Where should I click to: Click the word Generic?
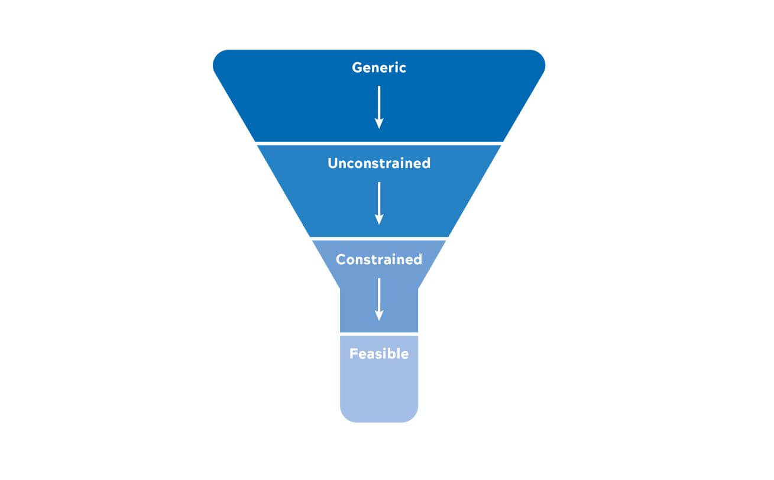click(x=379, y=67)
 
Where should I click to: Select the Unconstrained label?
click(x=379, y=163)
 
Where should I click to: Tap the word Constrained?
click(x=379, y=260)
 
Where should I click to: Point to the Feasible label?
click(x=379, y=354)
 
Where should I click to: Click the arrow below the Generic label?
click(x=379, y=107)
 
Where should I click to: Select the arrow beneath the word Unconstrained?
click(x=379, y=203)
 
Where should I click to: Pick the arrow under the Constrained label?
click(x=379, y=299)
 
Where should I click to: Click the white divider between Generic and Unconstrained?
click(x=379, y=143)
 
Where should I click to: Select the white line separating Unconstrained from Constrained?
click(x=379, y=238)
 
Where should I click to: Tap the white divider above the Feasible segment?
click(x=379, y=334)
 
